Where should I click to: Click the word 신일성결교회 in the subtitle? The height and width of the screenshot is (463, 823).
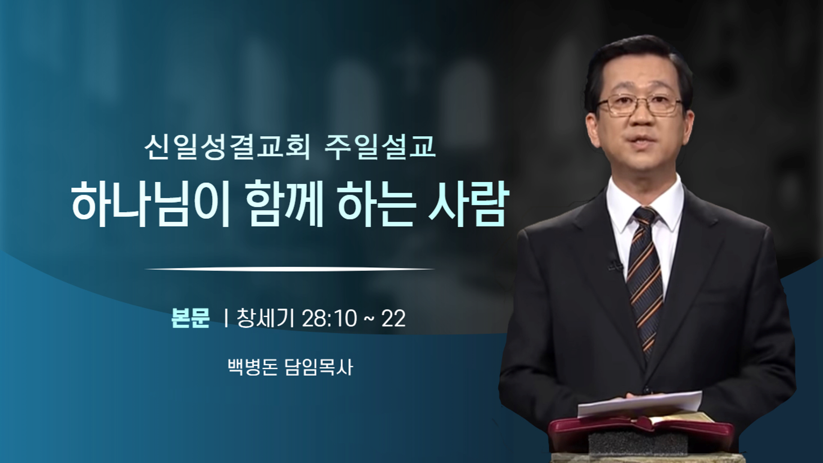tap(227, 147)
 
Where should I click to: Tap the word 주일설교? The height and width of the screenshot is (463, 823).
tap(380, 147)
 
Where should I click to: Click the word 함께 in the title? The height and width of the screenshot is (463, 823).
tap(284, 204)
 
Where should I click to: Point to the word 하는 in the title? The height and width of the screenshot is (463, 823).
tap(377, 204)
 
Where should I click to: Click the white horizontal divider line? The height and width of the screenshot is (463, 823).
tap(291, 269)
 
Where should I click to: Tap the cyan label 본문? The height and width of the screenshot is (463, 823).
tap(190, 318)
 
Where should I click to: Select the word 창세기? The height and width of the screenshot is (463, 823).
tap(265, 318)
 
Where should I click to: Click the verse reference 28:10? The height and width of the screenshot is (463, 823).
tap(329, 319)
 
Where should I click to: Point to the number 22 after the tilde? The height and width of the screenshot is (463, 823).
tap(393, 319)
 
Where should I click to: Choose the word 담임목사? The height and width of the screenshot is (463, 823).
tap(319, 367)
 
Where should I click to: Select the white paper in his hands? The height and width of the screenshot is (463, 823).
tap(640, 404)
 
